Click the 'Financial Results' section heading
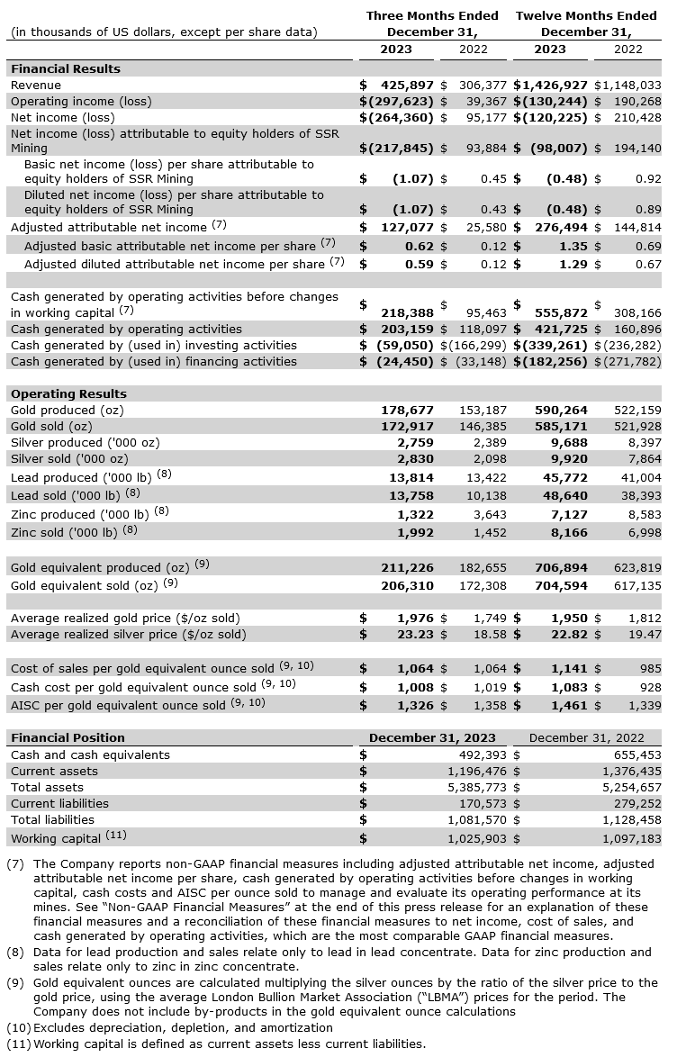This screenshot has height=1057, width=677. coord(65,68)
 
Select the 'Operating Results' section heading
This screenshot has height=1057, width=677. coord(68,393)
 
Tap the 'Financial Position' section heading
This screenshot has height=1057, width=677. coord(68,737)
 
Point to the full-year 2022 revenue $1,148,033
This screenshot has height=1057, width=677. coord(627,85)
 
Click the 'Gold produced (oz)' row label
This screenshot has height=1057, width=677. coord(67,410)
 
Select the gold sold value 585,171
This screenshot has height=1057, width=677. coord(563,426)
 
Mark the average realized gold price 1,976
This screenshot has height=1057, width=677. coord(416,618)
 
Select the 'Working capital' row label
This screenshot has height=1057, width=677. coord(57,838)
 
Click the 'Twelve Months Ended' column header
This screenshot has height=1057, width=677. coord(586,15)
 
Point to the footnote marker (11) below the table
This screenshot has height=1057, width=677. coord(18,1043)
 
